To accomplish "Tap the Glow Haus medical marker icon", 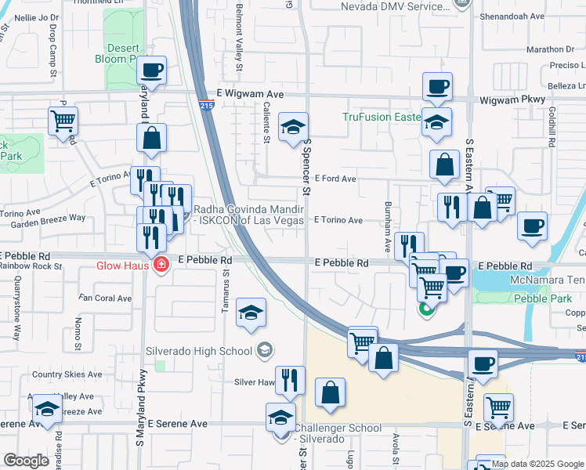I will coord(161,266).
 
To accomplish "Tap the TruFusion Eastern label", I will coord(382,117).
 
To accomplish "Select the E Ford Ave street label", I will coord(335,179).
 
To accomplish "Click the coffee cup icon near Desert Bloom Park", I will coord(153,70).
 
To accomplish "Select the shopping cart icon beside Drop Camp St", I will coord(63,121).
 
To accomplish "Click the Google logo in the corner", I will coord(26,461).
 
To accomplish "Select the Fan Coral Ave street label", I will coord(107,298).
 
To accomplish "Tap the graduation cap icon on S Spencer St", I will coord(293,127).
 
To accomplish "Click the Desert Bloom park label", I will coord(121,53).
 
